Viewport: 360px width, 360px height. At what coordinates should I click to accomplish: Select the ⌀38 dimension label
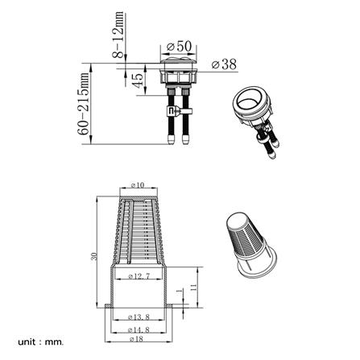[224, 63]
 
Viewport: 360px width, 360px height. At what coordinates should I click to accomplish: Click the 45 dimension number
[138, 81]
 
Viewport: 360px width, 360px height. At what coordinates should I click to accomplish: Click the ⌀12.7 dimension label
[141, 276]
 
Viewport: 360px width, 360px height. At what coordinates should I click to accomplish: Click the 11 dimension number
[194, 288]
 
